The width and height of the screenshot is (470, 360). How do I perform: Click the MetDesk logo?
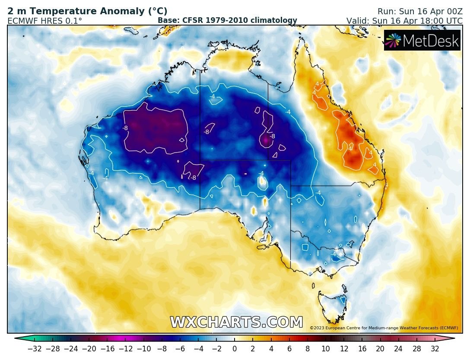pos(422,40)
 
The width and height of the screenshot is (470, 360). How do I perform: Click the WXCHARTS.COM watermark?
pos(236,322)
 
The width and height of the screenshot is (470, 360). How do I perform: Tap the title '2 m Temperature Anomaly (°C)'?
pos(87,12)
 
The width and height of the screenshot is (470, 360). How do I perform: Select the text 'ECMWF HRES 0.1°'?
pos(45,21)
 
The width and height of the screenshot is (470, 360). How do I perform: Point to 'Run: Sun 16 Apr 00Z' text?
pos(419,12)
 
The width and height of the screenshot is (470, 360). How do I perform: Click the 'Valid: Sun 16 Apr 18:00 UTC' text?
pos(404,21)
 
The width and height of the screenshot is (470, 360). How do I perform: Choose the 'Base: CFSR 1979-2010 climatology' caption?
pos(227,20)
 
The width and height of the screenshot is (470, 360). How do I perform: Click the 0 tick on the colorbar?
pos(235,349)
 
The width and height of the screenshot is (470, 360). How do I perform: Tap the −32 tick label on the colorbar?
pos(35,349)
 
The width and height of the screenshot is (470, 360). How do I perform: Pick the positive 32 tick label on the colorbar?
pos(435,349)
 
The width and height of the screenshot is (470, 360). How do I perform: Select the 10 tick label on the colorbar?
pos(326,349)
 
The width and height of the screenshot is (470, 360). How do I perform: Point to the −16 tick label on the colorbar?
pos(107,349)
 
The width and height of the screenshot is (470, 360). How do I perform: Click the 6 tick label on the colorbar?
pos(289,349)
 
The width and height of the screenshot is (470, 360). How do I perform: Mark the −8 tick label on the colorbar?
pos(162,349)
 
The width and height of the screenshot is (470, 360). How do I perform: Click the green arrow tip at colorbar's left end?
pos(18,338)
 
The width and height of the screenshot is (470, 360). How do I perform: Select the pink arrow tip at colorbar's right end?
pos(451,338)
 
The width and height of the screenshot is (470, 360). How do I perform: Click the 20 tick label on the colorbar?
pos(380,349)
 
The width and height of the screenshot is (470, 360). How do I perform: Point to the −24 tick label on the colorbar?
pos(71,349)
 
